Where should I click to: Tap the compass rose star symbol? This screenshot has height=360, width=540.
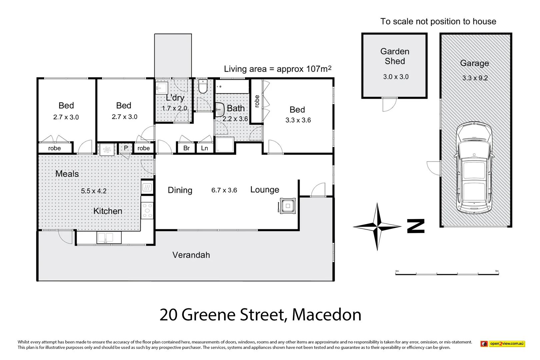click(377, 227)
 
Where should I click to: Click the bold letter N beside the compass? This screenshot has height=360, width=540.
click(416, 226)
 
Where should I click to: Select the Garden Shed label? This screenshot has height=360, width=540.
click(395, 56)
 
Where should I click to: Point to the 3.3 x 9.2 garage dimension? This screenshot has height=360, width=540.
click(475, 78)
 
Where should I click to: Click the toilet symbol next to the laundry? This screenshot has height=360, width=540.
click(203, 86)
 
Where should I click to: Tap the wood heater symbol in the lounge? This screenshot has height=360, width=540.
click(287, 206)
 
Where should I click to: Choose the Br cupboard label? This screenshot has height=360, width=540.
click(186, 148)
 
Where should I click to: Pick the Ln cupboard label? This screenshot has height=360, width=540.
click(204, 148)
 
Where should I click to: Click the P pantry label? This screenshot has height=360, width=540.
click(126, 148)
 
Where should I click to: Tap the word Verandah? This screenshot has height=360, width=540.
click(191, 255)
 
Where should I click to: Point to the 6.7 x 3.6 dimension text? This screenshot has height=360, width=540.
click(224, 190)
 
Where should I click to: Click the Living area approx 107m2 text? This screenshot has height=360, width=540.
click(277, 69)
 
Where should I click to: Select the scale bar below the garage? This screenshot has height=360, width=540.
click(447, 274)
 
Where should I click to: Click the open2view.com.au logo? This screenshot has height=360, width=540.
click(502, 344)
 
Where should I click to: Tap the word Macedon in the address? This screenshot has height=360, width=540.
click(326, 315)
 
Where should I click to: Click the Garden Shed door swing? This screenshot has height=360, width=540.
click(389, 105)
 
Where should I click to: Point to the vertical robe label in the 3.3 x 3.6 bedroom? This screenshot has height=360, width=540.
click(257, 101)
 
